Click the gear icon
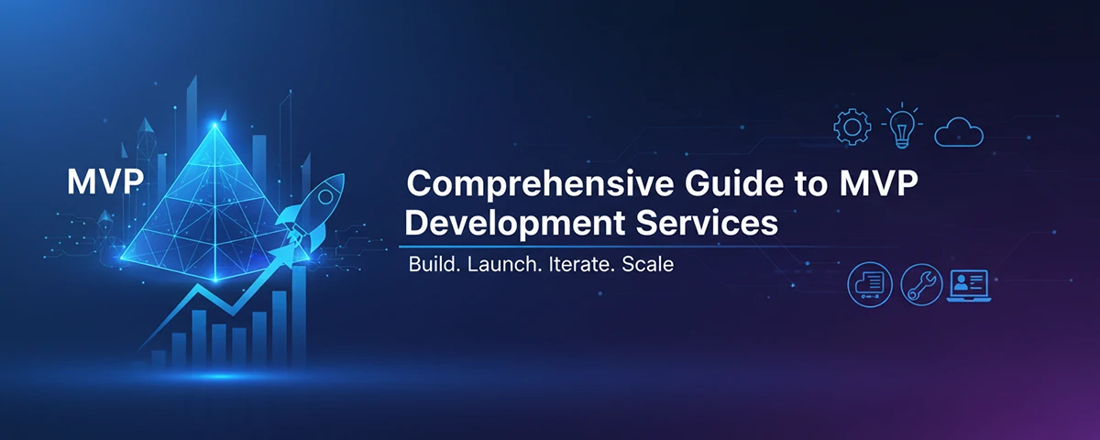(850, 127)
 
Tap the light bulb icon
(901, 126)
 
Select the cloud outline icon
(959, 134)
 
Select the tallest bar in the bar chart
(298, 312)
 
